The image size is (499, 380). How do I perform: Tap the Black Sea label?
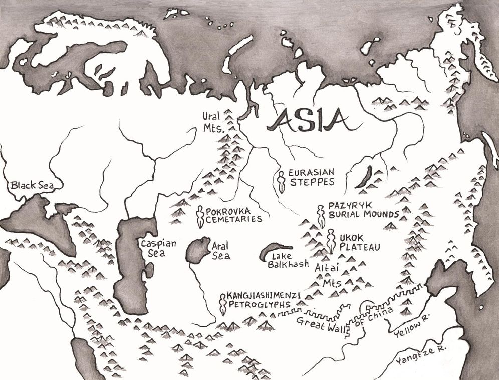(32, 186)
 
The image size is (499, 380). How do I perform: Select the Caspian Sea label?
(158, 248)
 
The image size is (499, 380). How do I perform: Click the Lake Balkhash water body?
(276, 251)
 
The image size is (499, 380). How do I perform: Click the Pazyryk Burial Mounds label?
(364, 210)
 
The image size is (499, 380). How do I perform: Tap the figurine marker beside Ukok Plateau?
(331, 241)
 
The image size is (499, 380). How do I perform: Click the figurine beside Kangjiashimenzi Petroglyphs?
(222, 304)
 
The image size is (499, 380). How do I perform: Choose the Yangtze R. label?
(421, 357)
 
